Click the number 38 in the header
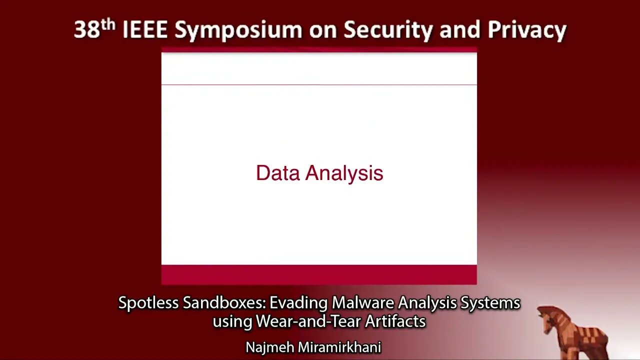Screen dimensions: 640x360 tap(87, 29)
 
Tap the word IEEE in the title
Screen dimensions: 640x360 tap(145, 29)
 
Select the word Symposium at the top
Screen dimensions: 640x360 tap(238, 31)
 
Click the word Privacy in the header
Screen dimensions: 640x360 tap(527, 31)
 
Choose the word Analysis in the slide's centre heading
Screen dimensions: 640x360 tap(344, 173)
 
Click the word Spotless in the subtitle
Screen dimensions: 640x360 tap(148, 303)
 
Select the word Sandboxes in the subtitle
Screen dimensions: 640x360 tap(224, 302)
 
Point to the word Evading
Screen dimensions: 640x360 tap(298, 303)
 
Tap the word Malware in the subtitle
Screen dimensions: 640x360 tap(363, 302)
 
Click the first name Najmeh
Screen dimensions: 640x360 tap(269, 347)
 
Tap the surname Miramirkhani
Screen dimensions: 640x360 tap(339, 347)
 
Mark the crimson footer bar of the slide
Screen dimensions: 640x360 tap(319, 274)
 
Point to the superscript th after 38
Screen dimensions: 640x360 tap(108, 25)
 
